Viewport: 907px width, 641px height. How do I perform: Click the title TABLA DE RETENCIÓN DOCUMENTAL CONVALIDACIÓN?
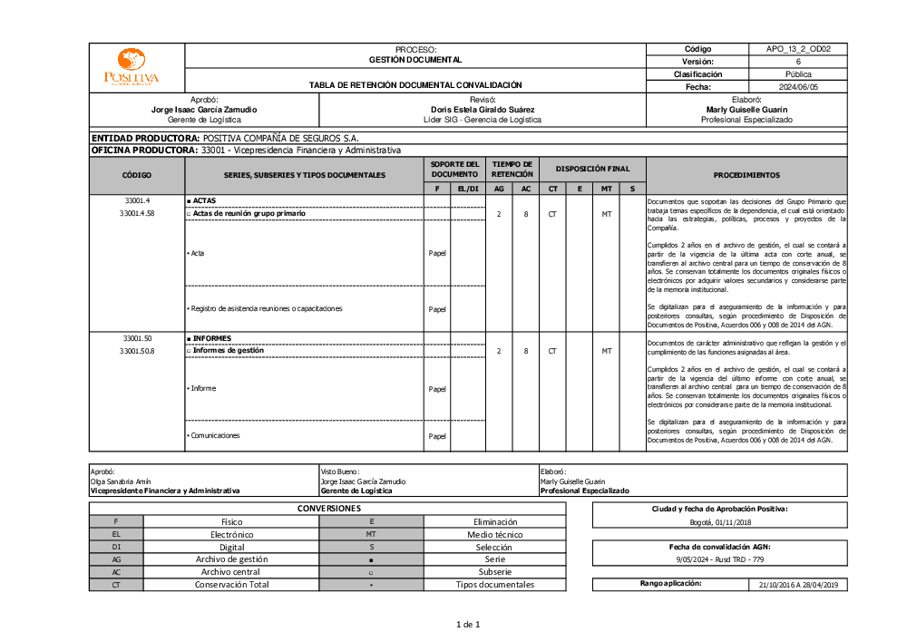pyautogui.click(x=415, y=85)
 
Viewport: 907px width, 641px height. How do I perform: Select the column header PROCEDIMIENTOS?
pyautogui.click(x=746, y=175)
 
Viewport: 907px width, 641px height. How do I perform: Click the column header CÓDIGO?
pyautogui.click(x=137, y=175)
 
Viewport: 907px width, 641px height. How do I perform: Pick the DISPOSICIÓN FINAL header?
pyautogui.click(x=592, y=169)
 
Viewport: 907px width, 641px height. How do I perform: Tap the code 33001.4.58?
pyautogui.click(x=137, y=214)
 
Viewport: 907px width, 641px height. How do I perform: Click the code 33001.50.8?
pyautogui.click(x=137, y=351)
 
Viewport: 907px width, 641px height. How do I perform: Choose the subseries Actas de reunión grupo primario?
pyautogui.click(x=249, y=214)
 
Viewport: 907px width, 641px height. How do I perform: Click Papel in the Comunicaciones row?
pyautogui.click(x=437, y=436)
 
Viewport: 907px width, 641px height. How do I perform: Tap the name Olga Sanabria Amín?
pyautogui.click(x=121, y=481)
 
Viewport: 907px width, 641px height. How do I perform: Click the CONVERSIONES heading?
pyautogui.click(x=329, y=509)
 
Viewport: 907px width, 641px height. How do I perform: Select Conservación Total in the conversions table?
pyautogui.click(x=231, y=585)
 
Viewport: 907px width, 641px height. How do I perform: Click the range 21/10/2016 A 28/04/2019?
pyautogui.click(x=798, y=585)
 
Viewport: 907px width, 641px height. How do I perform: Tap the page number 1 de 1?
pyautogui.click(x=468, y=624)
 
